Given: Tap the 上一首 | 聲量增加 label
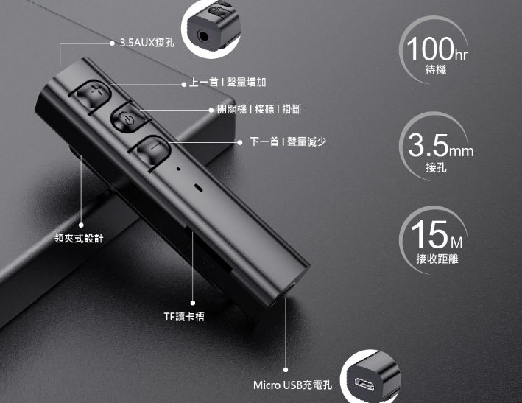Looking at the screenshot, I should (x=222, y=82).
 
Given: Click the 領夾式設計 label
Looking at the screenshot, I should (x=80, y=238).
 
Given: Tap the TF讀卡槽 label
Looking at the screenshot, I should (x=184, y=316).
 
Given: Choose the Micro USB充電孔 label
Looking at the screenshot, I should (x=293, y=385).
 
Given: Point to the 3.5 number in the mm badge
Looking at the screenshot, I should (x=428, y=145).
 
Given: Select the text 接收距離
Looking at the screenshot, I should (x=436, y=259).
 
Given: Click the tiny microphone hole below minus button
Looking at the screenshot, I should (x=178, y=169).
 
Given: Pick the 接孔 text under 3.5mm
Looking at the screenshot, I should (x=436, y=168).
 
